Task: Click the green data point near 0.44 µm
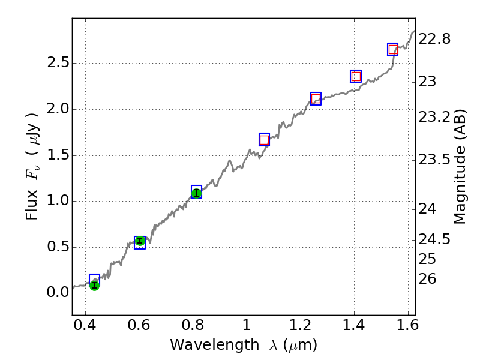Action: pyautogui.click(x=94, y=285)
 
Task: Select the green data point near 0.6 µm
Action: pyautogui.click(x=140, y=241)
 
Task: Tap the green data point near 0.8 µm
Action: pyautogui.click(x=196, y=193)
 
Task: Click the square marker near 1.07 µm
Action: pyautogui.click(x=264, y=140)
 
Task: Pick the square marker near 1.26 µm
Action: pyautogui.click(x=316, y=98)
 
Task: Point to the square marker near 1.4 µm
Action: pyautogui.click(x=356, y=76)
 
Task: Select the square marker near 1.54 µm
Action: pyautogui.click(x=393, y=49)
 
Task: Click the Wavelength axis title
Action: pyautogui.click(x=243, y=346)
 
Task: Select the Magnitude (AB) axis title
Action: pyautogui.click(x=460, y=166)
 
